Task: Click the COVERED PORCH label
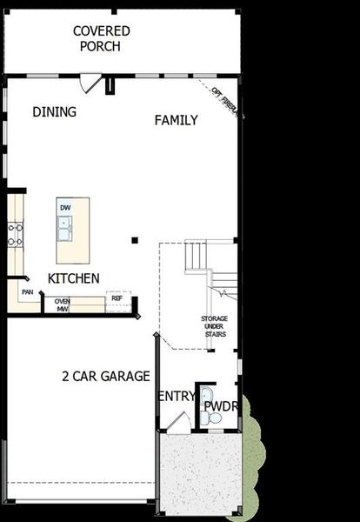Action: coord(102,38)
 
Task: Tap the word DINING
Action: coord(54,111)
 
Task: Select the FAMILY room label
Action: coord(177,120)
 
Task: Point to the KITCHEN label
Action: coord(73,278)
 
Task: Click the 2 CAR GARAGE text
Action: coord(106,377)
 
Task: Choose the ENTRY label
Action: coord(177,397)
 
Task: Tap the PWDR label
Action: coord(221,405)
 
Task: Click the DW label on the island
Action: coord(65,208)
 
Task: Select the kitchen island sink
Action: coord(65,228)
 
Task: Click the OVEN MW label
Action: coord(63,304)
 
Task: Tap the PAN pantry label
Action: coord(28,293)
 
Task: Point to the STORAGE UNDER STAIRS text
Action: coord(214,326)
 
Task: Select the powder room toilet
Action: coord(214,419)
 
